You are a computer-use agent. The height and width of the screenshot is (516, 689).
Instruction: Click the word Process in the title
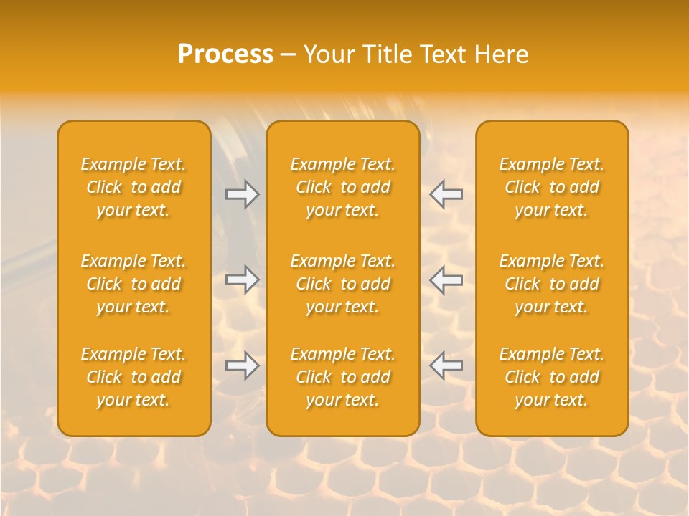coord(225,54)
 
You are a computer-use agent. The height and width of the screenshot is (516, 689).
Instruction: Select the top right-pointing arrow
coord(243,194)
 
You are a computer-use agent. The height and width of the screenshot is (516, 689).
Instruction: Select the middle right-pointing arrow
coord(243,279)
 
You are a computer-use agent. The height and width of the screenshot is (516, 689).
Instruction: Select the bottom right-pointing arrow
coord(243,365)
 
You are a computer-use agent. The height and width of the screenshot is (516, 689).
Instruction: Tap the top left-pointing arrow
coord(446,194)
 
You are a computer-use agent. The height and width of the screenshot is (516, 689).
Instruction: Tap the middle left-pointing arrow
coord(446,279)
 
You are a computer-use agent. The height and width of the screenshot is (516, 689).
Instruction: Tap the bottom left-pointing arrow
coord(446,365)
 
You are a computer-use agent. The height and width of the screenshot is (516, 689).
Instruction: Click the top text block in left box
coord(133,187)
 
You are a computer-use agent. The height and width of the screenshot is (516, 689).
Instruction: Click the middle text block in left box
coord(133,284)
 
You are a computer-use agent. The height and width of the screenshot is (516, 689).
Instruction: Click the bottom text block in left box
coord(133,377)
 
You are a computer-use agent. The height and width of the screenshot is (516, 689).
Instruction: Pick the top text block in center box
coord(343,187)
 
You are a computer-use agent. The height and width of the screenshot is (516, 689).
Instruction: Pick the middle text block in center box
coord(343,284)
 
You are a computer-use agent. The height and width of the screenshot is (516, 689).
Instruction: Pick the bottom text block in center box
coord(343,377)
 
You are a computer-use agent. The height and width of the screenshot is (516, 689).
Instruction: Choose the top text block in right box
coord(552,187)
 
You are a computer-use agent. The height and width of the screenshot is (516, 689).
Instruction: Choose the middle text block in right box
coord(552,284)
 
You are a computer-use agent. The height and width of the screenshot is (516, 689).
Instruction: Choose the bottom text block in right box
coord(552,377)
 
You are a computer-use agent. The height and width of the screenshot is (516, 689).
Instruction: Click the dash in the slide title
coord(288,55)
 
